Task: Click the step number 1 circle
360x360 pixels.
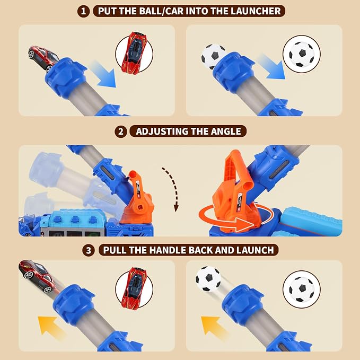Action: coord(83,11)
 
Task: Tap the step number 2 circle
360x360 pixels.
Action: coord(121,131)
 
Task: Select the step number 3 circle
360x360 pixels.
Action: coord(89,250)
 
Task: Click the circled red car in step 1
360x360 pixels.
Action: coord(134,52)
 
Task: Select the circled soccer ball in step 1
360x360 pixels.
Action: coord(302,54)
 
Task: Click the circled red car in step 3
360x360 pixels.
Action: coord(134,287)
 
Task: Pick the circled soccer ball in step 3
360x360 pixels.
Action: coord(302,289)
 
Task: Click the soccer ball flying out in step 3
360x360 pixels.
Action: coord(208,279)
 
